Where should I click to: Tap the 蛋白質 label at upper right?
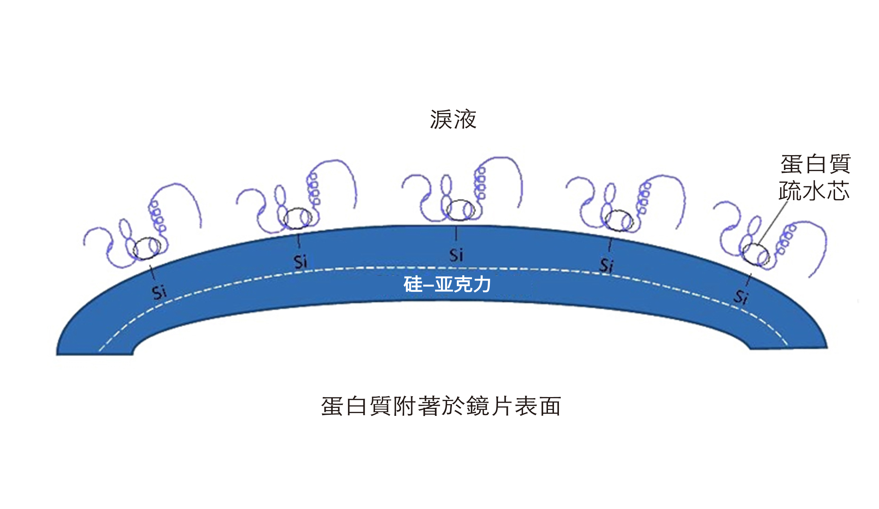click(x=815, y=164)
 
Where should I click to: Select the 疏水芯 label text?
click(x=814, y=191)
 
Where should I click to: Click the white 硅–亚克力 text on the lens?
click(x=447, y=284)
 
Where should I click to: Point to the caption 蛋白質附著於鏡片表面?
click(x=441, y=406)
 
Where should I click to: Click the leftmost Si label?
click(x=159, y=293)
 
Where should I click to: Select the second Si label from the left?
click(x=300, y=262)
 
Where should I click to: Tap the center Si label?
click(x=456, y=255)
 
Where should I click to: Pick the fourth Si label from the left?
click(x=606, y=265)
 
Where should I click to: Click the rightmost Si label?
click(x=741, y=297)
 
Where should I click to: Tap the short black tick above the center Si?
click(x=456, y=234)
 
